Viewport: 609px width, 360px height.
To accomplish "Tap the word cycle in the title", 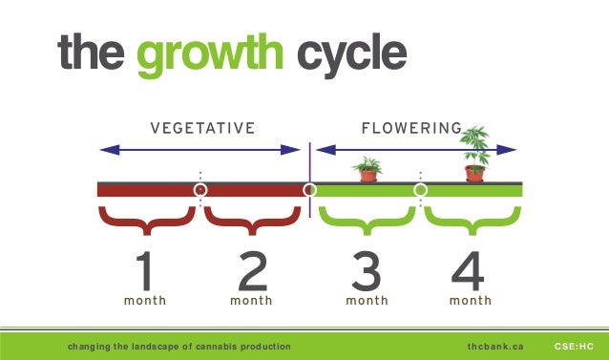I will coord(348,54).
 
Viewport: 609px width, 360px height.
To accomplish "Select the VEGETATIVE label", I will coord(202,128).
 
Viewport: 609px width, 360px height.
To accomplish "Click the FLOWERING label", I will coord(410,128).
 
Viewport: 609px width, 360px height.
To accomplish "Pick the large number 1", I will coord(145,272).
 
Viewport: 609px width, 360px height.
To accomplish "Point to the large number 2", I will coord(252,272).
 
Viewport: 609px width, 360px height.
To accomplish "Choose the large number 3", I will coord(367,272).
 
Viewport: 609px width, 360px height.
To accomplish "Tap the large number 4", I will coord(470,272).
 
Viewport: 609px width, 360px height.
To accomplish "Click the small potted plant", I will coord(367,170).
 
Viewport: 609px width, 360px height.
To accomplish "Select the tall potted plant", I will coord(474,153).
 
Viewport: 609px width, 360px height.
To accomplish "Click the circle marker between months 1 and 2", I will coord(199,190).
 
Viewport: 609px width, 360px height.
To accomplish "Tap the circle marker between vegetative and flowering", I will coord(309,190).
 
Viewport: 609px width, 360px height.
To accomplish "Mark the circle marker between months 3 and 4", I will coord(420,190).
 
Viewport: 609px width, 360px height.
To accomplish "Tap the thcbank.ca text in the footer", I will coord(495,346).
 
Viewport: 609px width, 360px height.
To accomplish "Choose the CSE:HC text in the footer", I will coord(574,346).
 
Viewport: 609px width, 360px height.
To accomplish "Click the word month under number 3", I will coord(367,301).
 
